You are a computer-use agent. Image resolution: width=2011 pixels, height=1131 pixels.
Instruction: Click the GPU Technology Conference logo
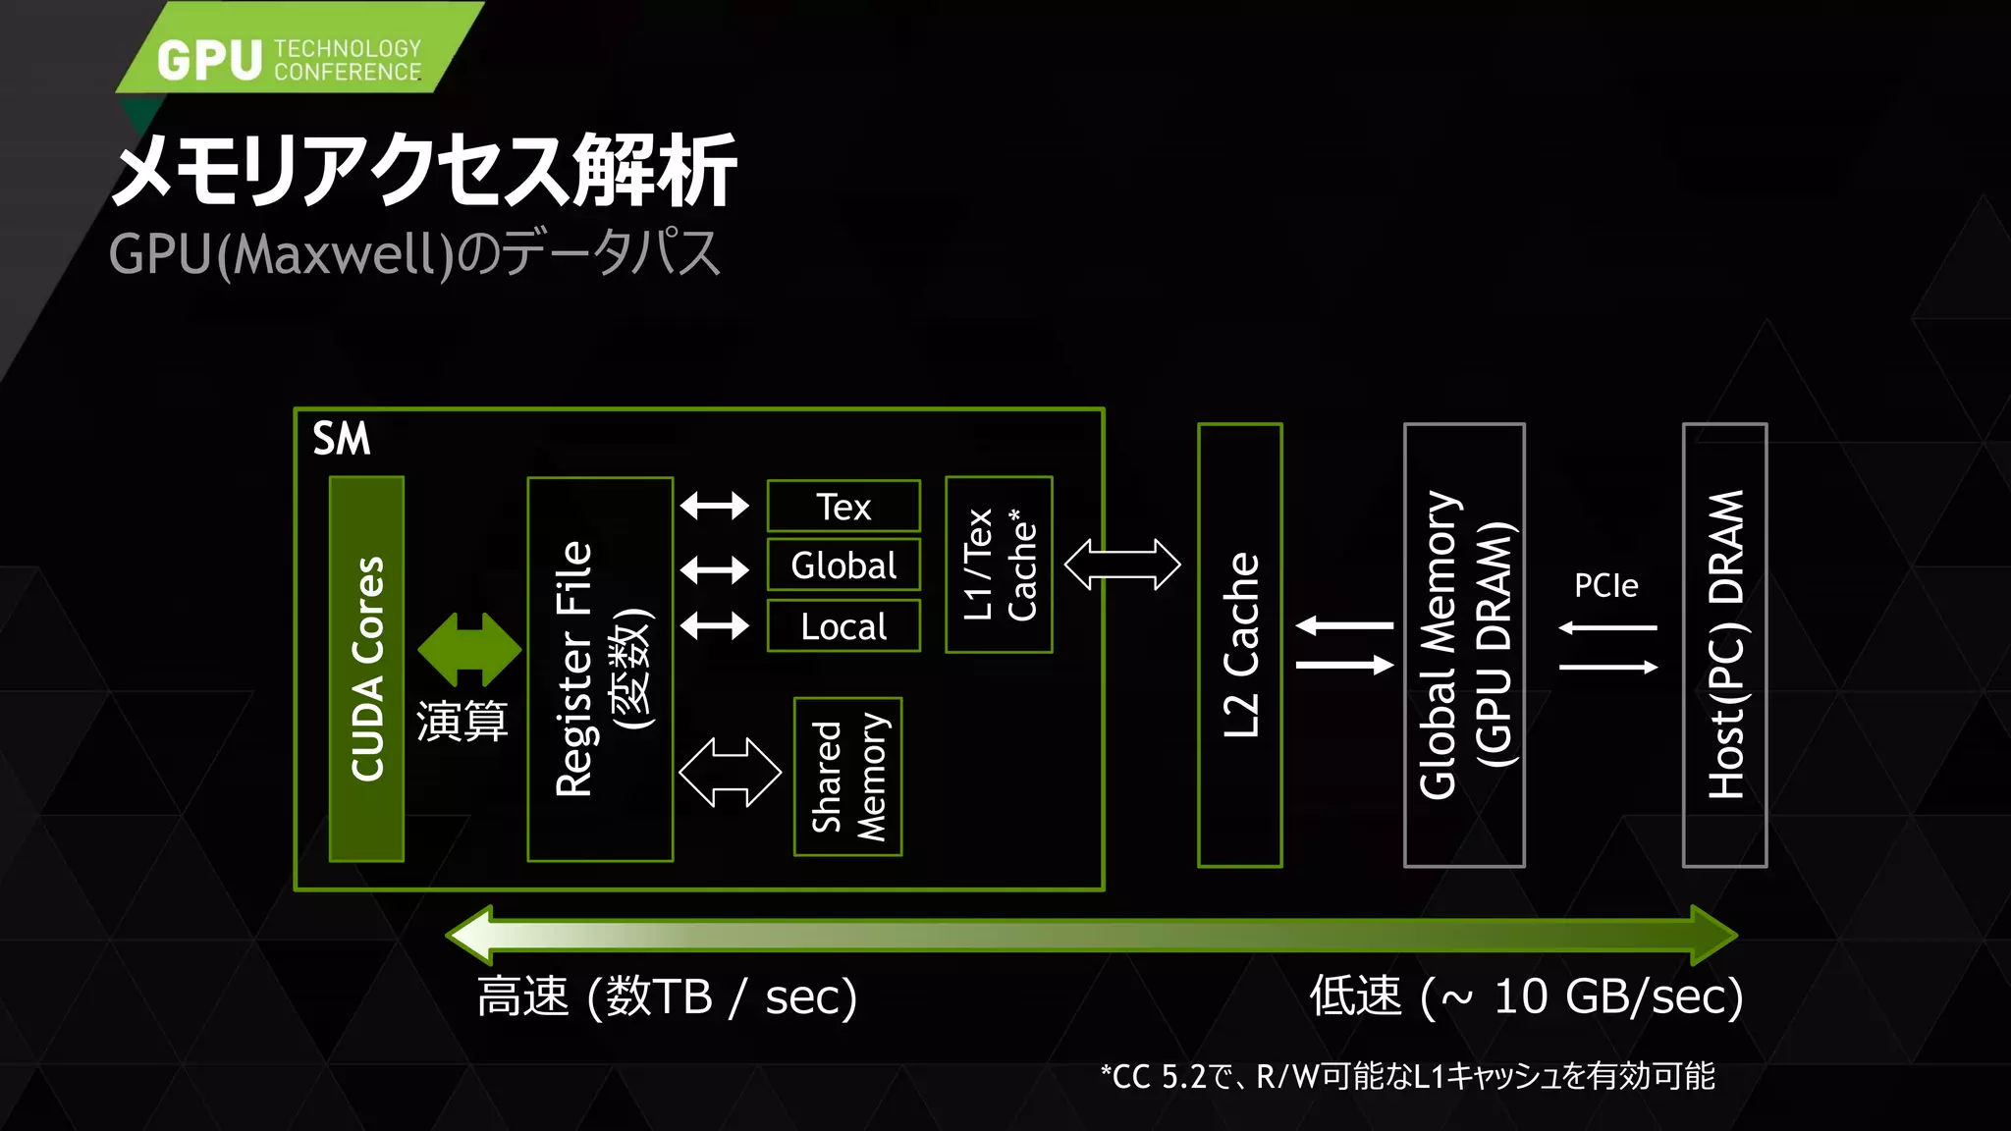click(x=290, y=59)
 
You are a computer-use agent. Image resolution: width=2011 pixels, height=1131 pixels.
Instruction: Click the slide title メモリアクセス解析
click(x=424, y=171)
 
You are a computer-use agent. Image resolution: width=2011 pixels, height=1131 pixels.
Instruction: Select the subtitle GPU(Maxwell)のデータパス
click(x=414, y=253)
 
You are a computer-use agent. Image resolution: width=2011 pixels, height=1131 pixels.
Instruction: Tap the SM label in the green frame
click(x=342, y=438)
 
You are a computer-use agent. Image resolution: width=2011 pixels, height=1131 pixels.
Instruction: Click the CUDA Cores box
click(x=366, y=669)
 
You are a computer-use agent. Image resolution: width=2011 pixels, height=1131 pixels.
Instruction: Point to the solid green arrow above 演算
click(x=469, y=649)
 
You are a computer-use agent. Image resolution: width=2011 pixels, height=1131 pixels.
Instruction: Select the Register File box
click(x=600, y=669)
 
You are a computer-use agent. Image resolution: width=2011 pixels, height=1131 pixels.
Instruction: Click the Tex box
click(x=843, y=507)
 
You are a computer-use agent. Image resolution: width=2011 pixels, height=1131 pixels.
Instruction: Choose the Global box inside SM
click(x=843, y=565)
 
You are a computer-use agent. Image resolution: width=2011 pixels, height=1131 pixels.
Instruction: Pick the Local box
click(x=843, y=626)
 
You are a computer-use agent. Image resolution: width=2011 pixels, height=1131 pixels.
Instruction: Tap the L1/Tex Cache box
click(x=999, y=565)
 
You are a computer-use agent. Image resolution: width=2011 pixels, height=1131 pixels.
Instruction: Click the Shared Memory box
click(x=848, y=777)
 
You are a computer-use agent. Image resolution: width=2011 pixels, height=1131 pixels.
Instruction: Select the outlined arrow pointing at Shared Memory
click(x=730, y=773)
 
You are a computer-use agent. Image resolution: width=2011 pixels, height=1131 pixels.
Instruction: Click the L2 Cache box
click(x=1240, y=645)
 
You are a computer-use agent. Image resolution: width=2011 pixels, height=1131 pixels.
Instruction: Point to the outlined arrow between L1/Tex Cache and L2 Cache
click(x=1122, y=565)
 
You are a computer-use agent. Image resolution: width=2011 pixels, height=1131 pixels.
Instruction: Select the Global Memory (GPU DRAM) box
click(x=1464, y=645)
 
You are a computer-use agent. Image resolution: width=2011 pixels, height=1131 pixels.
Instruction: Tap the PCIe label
click(x=1606, y=586)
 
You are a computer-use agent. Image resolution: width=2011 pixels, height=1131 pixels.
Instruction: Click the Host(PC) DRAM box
click(x=1725, y=645)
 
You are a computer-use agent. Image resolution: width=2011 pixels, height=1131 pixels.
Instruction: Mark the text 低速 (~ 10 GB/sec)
click(x=1526, y=996)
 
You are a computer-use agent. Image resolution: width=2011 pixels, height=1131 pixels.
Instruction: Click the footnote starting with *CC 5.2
click(x=1407, y=1076)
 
